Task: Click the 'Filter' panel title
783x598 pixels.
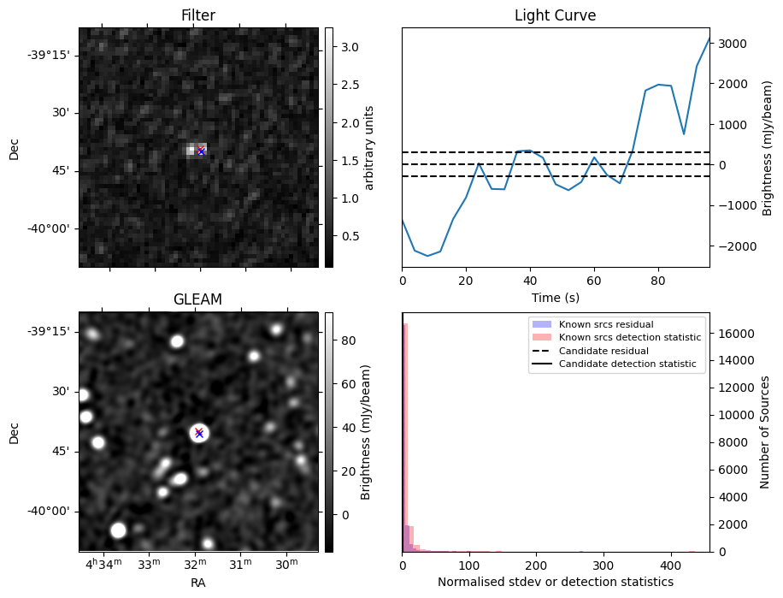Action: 198,15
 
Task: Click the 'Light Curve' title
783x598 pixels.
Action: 555,15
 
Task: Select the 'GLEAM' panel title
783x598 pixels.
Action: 198,299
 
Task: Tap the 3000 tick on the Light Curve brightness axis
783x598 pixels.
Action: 731,44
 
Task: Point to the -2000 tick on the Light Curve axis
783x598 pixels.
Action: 733,246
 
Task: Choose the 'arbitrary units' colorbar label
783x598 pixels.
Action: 369,147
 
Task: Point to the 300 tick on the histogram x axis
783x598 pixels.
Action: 603,565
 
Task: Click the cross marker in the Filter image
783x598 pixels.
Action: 201,151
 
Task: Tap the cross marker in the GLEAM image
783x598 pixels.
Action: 199,433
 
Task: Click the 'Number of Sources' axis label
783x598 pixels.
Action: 766,432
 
